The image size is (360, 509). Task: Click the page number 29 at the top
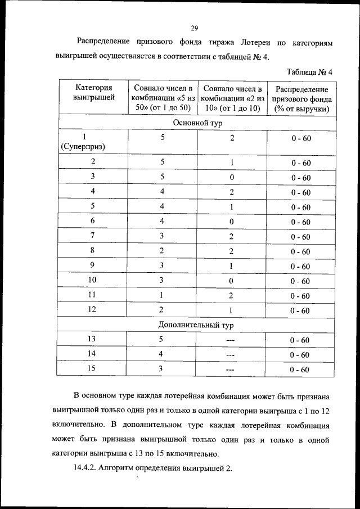tap(194, 28)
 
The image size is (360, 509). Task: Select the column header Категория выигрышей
tap(93, 93)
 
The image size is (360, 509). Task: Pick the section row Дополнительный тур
tap(195, 325)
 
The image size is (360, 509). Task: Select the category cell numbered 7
tap(92, 236)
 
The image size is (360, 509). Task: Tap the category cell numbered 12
tap(92, 310)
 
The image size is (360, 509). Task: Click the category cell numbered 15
tap(92, 369)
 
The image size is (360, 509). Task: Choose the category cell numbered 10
tap(92, 280)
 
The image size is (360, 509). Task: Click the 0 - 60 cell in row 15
tap(300, 370)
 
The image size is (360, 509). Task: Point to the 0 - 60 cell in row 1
tap(300, 138)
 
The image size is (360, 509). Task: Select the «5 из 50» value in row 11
tap(161, 295)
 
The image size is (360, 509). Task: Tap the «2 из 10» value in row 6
tap(231, 221)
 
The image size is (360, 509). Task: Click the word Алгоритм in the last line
tap(124, 469)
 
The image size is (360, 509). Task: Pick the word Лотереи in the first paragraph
tap(258, 42)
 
